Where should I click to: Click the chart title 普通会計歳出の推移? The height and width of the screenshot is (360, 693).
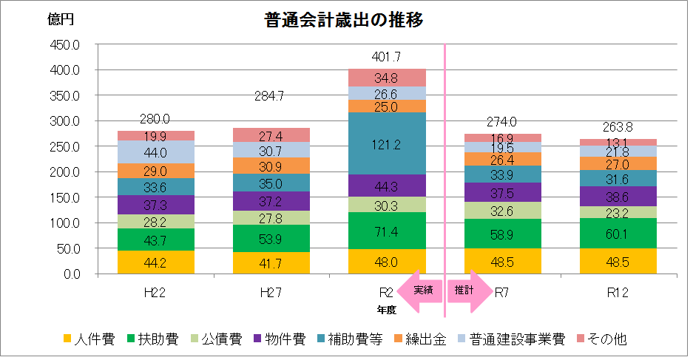pyautogui.click(x=343, y=20)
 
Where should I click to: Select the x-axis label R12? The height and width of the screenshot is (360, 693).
pyautogui.click(x=618, y=292)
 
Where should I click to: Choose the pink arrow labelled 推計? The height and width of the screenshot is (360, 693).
pyautogui.click(x=468, y=291)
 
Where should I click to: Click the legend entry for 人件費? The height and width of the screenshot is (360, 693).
pyautogui.click(x=88, y=339)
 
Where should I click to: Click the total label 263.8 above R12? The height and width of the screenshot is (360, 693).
pyautogui.click(x=618, y=126)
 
